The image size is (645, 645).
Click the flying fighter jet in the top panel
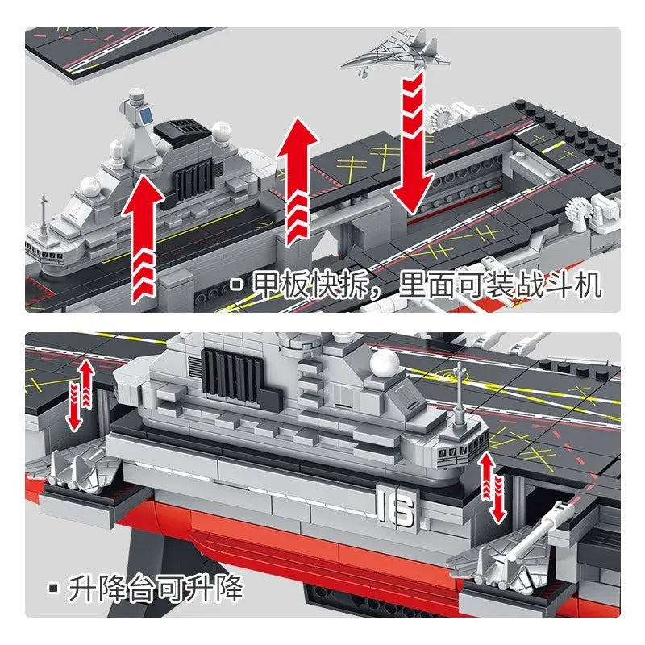pyautogui.click(x=395, y=52)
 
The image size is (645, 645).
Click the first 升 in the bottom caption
pyautogui.click(x=83, y=589)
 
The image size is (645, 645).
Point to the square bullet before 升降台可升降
pyautogui.click(x=53, y=589)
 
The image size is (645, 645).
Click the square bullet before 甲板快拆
pyautogui.click(x=236, y=285)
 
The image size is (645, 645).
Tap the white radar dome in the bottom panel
pyautogui.click(x=385, y=363)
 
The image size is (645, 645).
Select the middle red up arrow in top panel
pyautogui.click(x=297, y=181)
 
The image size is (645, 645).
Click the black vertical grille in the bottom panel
pyautogui.click(x=231, y=377)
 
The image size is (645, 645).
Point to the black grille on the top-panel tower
pyautogui.click(x=193, y=180)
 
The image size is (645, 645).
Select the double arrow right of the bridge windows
pyautogui.click(x=493, y=488)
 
